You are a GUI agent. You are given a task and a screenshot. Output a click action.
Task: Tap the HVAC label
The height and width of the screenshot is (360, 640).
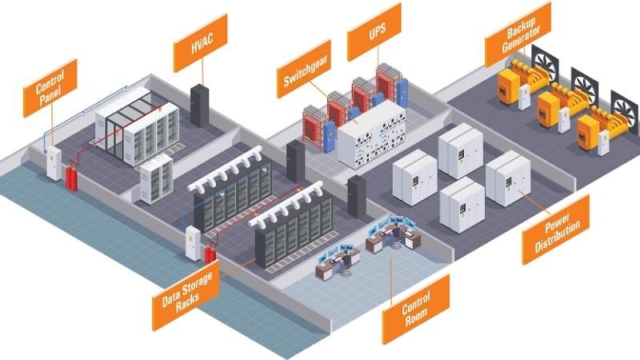pos(201,42)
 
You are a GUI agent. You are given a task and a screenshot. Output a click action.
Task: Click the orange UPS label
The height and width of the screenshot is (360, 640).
pos(374,32)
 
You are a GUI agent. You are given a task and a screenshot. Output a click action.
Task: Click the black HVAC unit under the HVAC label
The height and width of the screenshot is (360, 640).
pos(199,105)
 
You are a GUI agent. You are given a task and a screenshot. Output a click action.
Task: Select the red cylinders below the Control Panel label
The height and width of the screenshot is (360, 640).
pos(71,178)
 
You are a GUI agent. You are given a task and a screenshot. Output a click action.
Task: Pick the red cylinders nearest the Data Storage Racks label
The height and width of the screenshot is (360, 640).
pos(210,254)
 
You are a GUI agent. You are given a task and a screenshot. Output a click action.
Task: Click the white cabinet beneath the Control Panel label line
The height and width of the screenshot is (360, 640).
pos(54,162)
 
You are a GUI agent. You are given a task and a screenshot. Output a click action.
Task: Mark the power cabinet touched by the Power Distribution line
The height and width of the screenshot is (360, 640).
pos(508,178)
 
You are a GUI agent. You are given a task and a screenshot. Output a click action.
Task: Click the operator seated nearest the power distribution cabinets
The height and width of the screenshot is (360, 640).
pos(396,235)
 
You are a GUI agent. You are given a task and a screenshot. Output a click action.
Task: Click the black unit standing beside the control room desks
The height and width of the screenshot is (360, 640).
pos(357,196)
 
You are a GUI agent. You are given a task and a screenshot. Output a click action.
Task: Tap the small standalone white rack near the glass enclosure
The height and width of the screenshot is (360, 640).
pos(156,177)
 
